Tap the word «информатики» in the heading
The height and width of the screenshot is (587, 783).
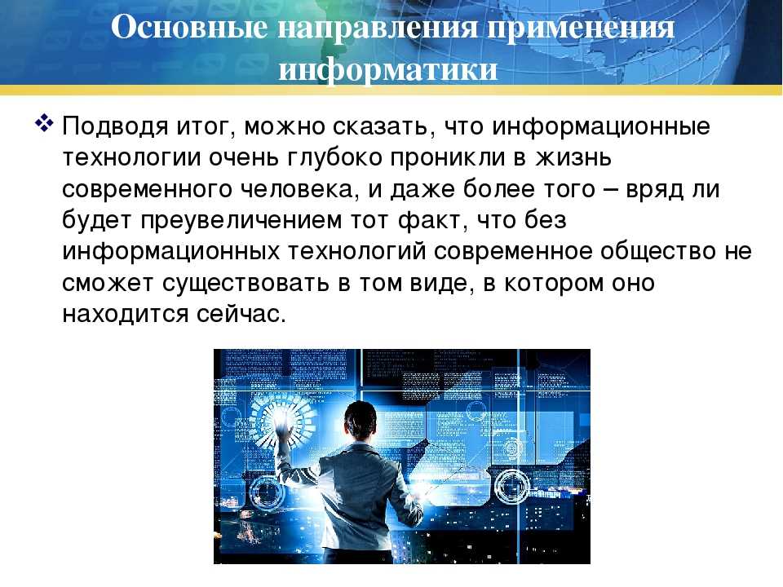[388, 68]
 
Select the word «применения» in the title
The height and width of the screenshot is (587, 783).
[582, 28]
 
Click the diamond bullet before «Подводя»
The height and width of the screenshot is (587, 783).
[44, 124]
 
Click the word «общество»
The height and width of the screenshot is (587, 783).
[659, 252]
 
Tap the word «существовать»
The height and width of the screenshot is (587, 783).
[246, 284]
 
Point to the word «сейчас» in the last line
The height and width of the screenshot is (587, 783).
[241, 315]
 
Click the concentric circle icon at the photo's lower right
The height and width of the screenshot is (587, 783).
[511, 486]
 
